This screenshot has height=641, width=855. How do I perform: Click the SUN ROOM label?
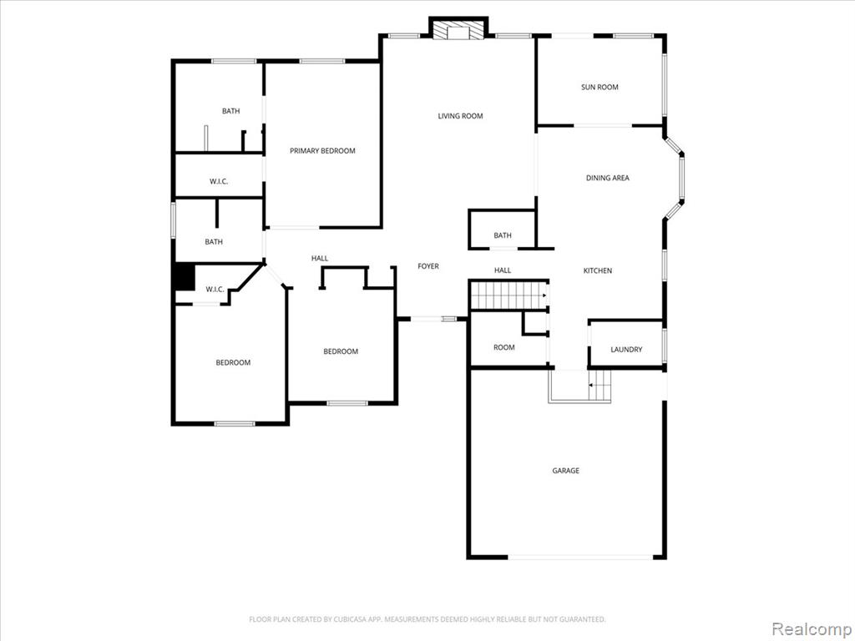pyautogui.click(x=600, y=87)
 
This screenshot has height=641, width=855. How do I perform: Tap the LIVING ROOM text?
pyautogui.click(x=460, y=115)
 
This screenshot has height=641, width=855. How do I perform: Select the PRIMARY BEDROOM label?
pyautogui.click(x=322, y=150)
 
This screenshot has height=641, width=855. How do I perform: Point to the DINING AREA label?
pyautogui.click(x=608, y=178)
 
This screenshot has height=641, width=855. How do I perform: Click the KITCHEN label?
pyautogui.click(x=598, y=270)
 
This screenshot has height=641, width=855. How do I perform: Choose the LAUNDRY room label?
pyautogui.click(x=626, y=350)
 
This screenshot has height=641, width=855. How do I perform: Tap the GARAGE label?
pyautogui.click(x=565, y=471)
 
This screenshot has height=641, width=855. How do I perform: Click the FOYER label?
pyautogui.click(x=428, y=266)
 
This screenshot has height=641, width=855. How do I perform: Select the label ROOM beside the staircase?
pyautogui.click(x=503, y=347)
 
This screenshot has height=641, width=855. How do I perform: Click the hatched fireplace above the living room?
pyautogui.click(x=458, y=29)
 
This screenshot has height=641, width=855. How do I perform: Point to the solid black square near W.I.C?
pyautogui.click(x=185, y=276)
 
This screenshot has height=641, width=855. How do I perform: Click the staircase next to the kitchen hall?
pyautogui.click(x=509, y=295)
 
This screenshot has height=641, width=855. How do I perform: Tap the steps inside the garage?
pyautogui.click(x=600, y=386)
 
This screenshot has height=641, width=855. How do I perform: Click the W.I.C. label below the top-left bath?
pyautogui.click(x=219, y=181)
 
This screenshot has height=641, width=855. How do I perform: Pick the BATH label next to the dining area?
pyautogui.click(x=502, y=235)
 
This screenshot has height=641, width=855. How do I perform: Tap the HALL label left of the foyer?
pyautogui.click(x=320, y=259)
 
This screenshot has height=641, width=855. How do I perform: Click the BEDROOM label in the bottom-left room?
pyautogui.click(x=233, y=362)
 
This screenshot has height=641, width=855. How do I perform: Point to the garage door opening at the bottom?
pyautogui.click(x=580, y=557)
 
